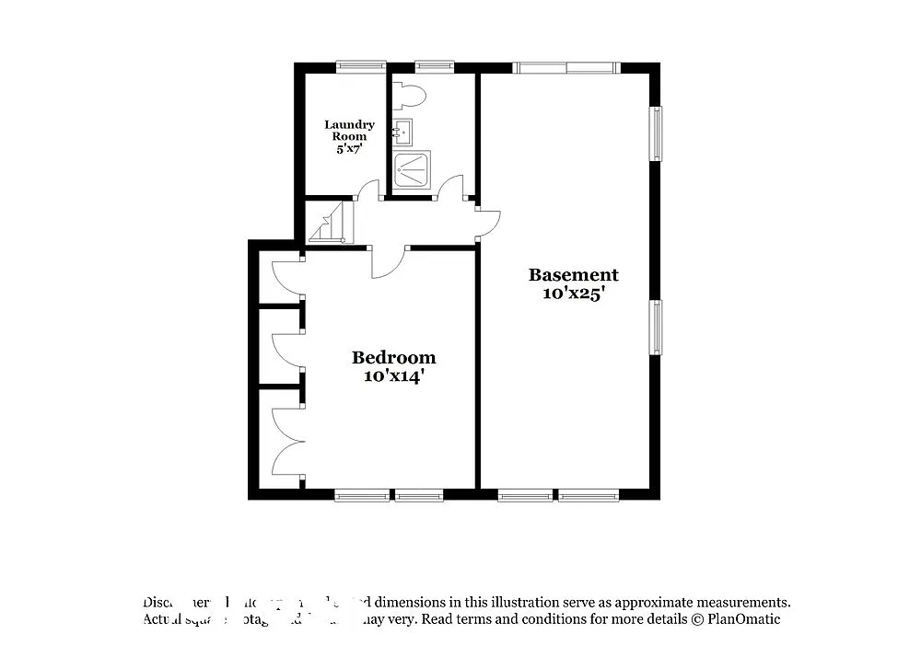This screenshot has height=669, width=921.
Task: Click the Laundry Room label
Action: tap(349, 130)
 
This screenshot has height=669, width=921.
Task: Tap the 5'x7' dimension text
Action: tap(349, 148)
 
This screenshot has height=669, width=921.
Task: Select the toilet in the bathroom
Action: tap(408, 94)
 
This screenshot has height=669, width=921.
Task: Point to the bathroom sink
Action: tap(402, 133)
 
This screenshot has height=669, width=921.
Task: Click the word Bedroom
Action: tap(394, 357)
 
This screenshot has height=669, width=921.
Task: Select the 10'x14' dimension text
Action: tap(394, 375)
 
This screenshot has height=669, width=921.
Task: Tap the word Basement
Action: tap(573, 274)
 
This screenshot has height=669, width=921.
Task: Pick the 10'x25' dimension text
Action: tap(573, 294)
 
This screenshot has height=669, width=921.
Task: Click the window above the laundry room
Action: tap(361, 66)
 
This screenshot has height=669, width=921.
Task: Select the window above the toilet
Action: tap(434, 66)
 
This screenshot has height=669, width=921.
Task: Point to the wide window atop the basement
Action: tap(565, 67)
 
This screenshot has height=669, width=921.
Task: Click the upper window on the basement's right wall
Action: tap(656, 134)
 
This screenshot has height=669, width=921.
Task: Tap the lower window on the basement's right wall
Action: tap(656, 327)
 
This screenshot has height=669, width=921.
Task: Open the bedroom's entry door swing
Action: tap(387, 263)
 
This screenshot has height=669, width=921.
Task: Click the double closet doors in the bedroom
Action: tap(287, 442)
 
